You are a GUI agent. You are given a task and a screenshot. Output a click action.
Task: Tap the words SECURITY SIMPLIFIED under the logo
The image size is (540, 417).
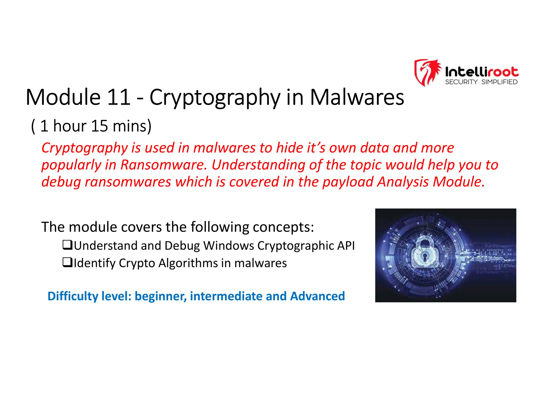tap(481, 82)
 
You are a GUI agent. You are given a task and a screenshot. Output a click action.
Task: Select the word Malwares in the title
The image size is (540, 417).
tap(357, 97)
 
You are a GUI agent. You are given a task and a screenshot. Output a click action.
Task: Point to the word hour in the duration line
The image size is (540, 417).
tap(70, 126)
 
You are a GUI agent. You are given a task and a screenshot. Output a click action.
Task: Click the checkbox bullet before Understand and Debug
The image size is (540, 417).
tap(67, 245)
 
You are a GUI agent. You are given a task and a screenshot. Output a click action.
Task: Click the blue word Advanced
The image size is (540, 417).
tap(317, 296)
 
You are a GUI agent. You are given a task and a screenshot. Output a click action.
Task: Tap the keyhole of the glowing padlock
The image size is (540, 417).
tap(425, 256)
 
